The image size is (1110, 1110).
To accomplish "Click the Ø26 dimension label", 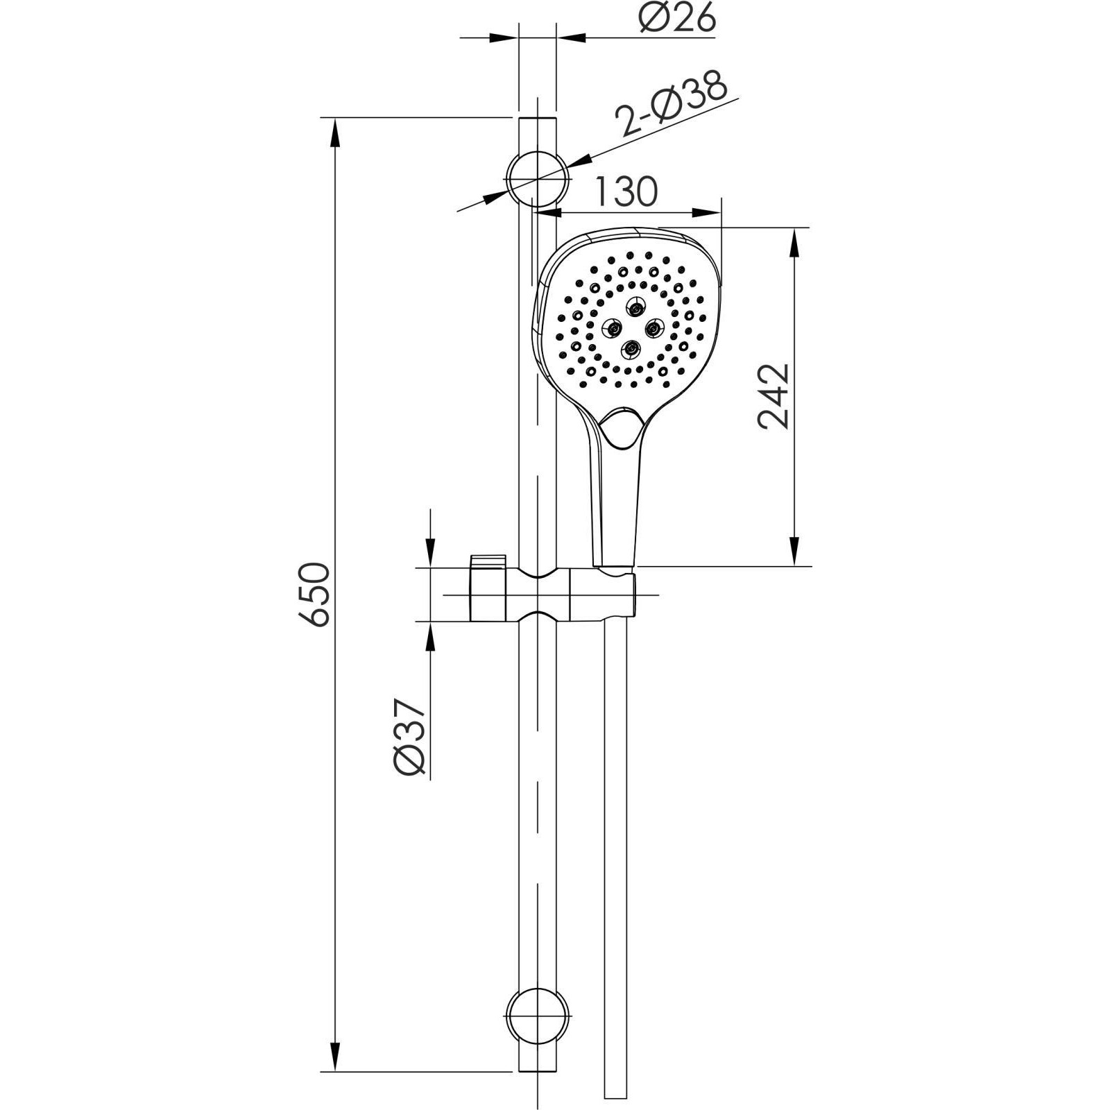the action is (676, 19).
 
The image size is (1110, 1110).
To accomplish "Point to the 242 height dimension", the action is (774, 396).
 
